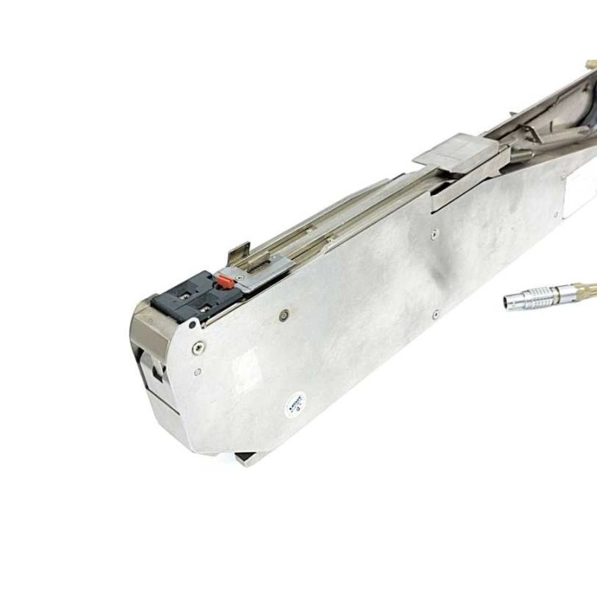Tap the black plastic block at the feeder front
tap(188, 298)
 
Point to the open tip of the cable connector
tap(505, 302)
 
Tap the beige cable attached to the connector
tap(585, 289)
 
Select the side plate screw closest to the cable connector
tap(435, 313)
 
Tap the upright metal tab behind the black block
tap(239, 248)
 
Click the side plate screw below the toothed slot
tap(284, 314)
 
